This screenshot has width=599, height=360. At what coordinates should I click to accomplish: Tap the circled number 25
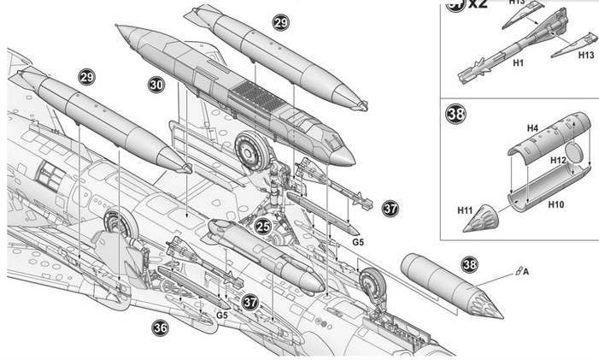[263, 227]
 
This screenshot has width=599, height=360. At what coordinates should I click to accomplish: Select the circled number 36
[161, 328]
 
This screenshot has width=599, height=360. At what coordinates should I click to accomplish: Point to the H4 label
[531, 127]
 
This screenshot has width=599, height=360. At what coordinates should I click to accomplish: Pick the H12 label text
[557, 160]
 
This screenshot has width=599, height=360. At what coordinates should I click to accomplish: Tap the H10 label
[556, 204]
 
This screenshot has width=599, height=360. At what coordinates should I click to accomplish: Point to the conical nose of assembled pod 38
[484, 299]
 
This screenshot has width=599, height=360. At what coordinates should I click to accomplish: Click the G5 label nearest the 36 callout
[221, 316]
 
